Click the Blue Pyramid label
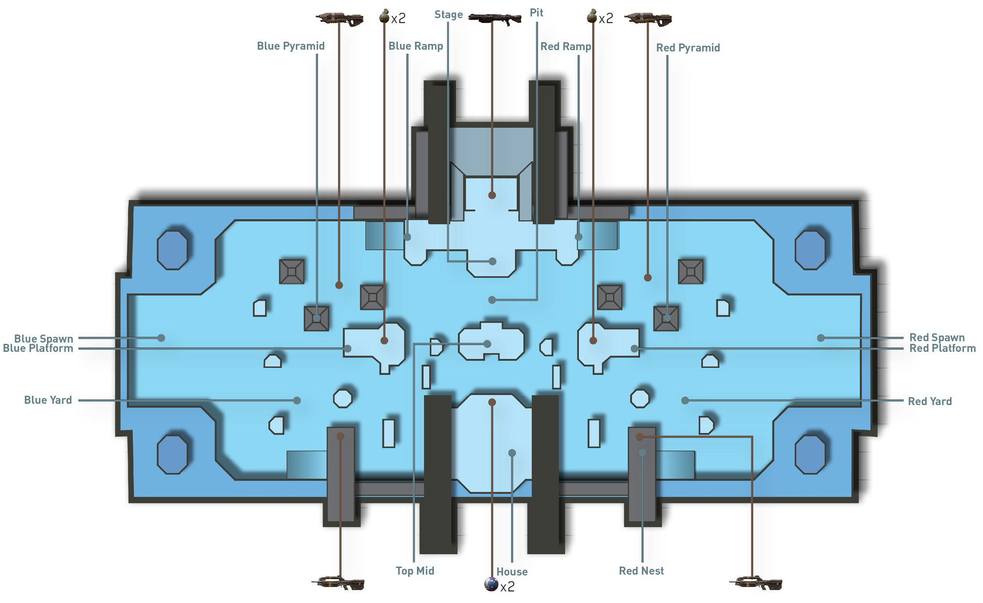coord(291,46)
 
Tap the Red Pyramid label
coord(688,48)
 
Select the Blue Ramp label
coord(416,46)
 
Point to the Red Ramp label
coord(566,47)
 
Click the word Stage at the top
coord(448,15)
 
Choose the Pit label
coord(536,13)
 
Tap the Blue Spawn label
coord(43,339)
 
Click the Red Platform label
coord(942,349)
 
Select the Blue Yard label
coord(48,400)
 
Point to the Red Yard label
coord(929,402)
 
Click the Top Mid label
coord(415,571)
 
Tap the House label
coord(512,572)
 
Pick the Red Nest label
coord(641,571)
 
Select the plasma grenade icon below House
coord(491,584)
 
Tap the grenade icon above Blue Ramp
coord(384,17)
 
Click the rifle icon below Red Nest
coord(755,583)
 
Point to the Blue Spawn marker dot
coord(161,338)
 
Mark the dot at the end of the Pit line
coord(492,300)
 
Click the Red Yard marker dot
coord(685,401)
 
